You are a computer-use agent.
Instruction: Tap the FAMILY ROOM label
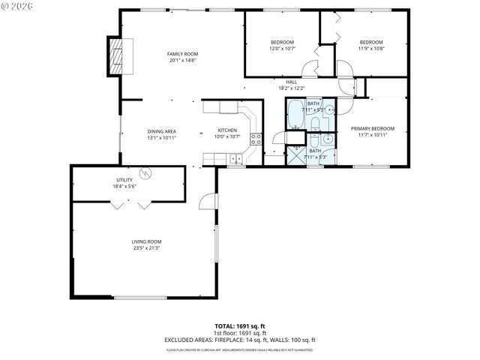tap(182, 54)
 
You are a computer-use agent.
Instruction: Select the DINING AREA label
tap(161, 131)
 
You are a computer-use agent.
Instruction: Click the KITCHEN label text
tap(227, 130)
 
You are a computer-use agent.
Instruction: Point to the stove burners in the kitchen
tap(256, 138)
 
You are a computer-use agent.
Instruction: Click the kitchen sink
tap(235, 158)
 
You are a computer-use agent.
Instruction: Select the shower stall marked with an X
tap(296, 155)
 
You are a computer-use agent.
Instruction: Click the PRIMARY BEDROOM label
tap(372, 128)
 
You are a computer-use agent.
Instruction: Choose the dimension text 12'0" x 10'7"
tap(283, 49)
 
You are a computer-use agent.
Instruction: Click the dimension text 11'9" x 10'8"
tap(371, 49)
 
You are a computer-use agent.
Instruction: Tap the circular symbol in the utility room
tap(148, 173)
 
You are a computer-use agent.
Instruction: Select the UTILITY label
tap(124, 180)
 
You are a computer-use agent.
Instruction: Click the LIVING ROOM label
tap(147, 241)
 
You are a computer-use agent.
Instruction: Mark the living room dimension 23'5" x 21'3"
tap(147, 247)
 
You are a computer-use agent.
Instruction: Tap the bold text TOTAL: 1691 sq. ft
tap(240, 326)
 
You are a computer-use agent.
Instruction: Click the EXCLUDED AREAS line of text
tap(240, 339)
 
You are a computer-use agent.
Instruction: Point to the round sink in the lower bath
tap(328, 139)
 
